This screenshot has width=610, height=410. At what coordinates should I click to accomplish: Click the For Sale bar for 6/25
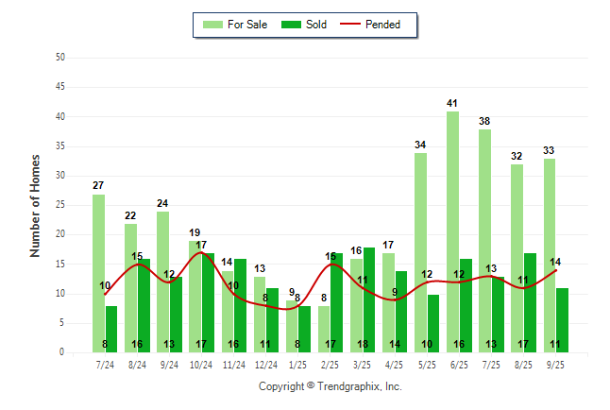coord(453,231)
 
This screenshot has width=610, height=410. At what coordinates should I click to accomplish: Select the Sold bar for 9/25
coord(563,320)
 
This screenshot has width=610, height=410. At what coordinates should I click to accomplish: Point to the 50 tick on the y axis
coord(60,58)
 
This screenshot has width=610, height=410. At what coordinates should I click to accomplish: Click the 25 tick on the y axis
coord(60,205)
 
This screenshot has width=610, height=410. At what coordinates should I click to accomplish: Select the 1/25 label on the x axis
coord(297,364)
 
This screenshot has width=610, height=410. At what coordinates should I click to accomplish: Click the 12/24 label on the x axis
coord(265,364)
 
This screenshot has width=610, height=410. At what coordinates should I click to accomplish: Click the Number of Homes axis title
coord(36,205)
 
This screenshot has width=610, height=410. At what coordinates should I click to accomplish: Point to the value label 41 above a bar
coord(453,103)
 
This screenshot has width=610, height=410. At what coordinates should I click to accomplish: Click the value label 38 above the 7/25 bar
coord(484,121)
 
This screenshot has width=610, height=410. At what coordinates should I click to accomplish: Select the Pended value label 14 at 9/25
coord(556,262)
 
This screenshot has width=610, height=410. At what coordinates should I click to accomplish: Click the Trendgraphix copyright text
coord(330,386)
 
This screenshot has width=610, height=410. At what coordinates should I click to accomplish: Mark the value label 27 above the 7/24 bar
coord(98,186)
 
